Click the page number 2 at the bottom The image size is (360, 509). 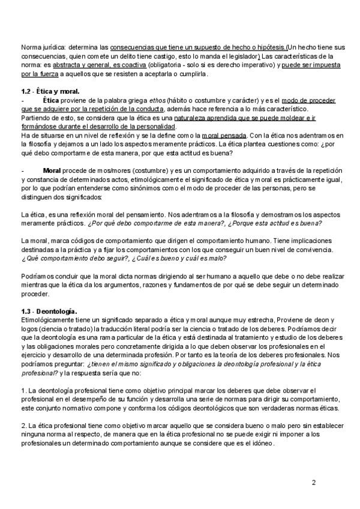[313, 482]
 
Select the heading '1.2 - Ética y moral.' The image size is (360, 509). [50, 91]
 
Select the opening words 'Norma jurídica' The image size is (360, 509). [41, 47]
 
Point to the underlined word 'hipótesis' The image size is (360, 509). [268, 47]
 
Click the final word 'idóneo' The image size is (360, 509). [262, 444]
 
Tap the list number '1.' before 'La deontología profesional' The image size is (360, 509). [23, 391]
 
